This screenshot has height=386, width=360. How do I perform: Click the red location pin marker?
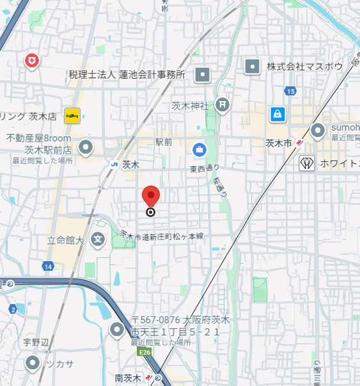pos(151,196)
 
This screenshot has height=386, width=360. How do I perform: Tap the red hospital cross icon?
pos(31,61)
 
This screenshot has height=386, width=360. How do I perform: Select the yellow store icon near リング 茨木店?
pos(72,115)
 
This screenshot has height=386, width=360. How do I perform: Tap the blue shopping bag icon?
pos(277,114)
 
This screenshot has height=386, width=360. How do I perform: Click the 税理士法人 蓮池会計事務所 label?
pos(126,75)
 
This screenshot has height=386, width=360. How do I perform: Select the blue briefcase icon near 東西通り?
pos(199,150)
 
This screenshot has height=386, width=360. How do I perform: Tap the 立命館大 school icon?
pos(98,241)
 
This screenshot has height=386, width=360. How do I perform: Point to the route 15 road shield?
pos(291,92)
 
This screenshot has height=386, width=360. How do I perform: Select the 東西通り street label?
pos(205,168)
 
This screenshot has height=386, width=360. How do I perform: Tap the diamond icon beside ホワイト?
pos(307,163)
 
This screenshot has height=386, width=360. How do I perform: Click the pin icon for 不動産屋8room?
pos(86,149)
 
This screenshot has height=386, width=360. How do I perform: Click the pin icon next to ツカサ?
pos(33,364)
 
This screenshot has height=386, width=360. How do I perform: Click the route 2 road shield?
pos(12,310)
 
